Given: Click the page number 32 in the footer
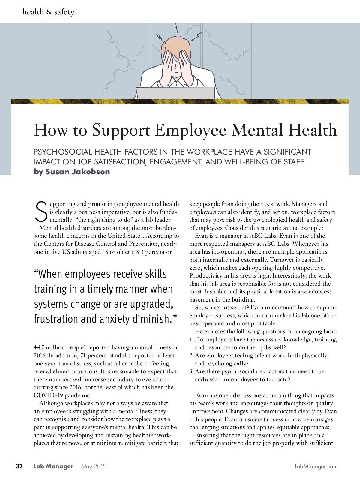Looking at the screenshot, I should pyautogui.click(x=19, y=466).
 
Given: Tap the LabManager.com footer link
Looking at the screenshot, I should pyautogui.click(x=316, y=466).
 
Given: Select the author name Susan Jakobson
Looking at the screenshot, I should pyautogui.click(x=78, y=172).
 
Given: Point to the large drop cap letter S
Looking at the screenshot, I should pyautogui.click(x=41, y=211).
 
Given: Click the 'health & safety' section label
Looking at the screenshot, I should pyautogui.click(x=48, y=12).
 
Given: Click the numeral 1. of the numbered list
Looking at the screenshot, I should pyautogui.click(x=191, y=339).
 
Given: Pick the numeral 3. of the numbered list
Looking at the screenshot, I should pyautogui.click(x=191, y=371).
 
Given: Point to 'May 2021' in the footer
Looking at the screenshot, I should pyautogui.click(x=94, y=466).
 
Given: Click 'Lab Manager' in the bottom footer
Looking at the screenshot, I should pyautogui.click(x=53, y=466).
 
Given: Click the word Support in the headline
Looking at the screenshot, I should pyautogui.click(x=121, y=130).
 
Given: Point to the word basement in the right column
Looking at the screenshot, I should pyautogui.click(x=202, y=299).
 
